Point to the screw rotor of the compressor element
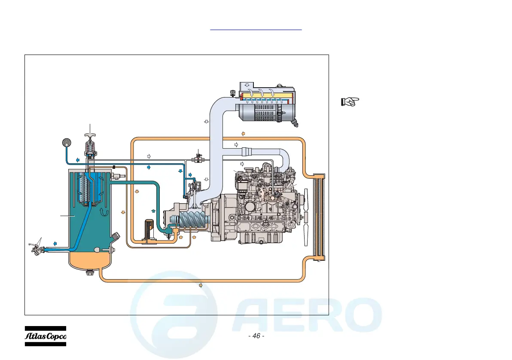point(190,223)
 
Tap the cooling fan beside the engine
point(306,217)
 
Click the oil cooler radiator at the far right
point(318,217)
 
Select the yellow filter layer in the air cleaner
point(266,94)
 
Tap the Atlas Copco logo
point(45,336)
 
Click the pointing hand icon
point(350,101)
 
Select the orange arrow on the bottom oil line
point(201,285)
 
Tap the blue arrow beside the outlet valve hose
point(55,243)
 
